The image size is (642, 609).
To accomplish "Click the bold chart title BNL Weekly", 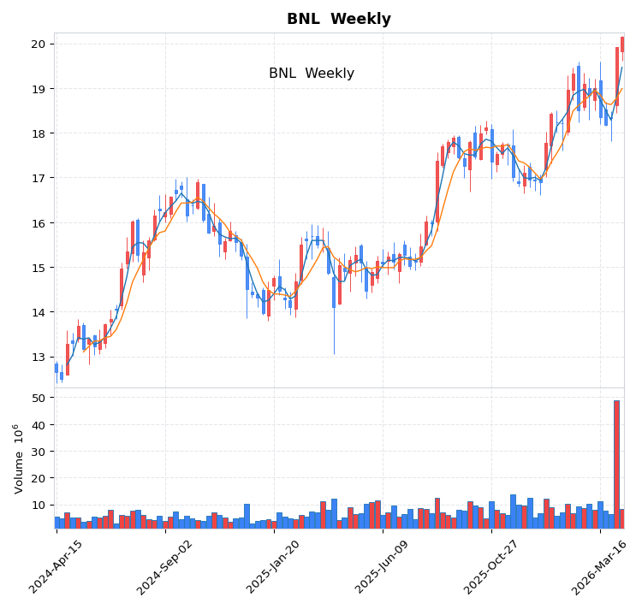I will click(338, 20).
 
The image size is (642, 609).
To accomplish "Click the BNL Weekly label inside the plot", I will click(311, 74).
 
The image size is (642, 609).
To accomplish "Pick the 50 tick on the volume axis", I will click(39, 398).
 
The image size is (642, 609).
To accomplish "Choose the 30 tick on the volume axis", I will click(39, 452).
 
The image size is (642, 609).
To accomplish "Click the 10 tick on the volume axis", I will click(39, 506).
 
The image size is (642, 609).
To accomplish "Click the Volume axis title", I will click(19, 458).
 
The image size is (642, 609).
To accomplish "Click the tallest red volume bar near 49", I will click(616, 464).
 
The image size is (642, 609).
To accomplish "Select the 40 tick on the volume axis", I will click(39, 425).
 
